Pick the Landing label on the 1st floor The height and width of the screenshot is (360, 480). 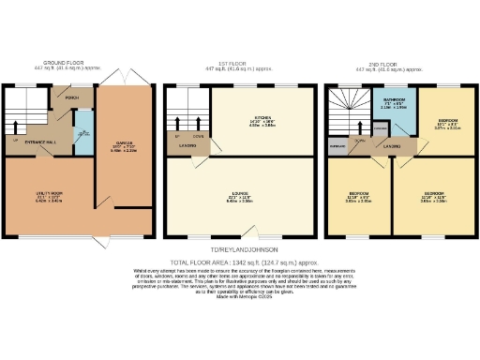187,145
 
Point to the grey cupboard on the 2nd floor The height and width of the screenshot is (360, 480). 336,146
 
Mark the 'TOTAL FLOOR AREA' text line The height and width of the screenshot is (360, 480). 240,262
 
